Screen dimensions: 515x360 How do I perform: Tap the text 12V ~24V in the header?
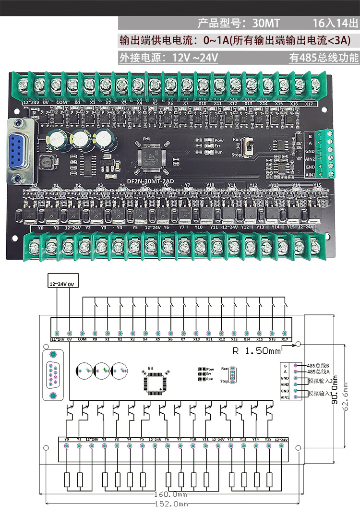point(195,58)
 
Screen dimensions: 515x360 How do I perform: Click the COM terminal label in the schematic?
point(82,339)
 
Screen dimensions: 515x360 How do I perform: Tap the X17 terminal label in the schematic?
point(285,339)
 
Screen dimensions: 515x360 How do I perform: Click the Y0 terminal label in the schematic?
point(66,439)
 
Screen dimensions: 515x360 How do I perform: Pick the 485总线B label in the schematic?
point(317,365)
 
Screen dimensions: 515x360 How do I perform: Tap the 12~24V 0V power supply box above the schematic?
point(62,283)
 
